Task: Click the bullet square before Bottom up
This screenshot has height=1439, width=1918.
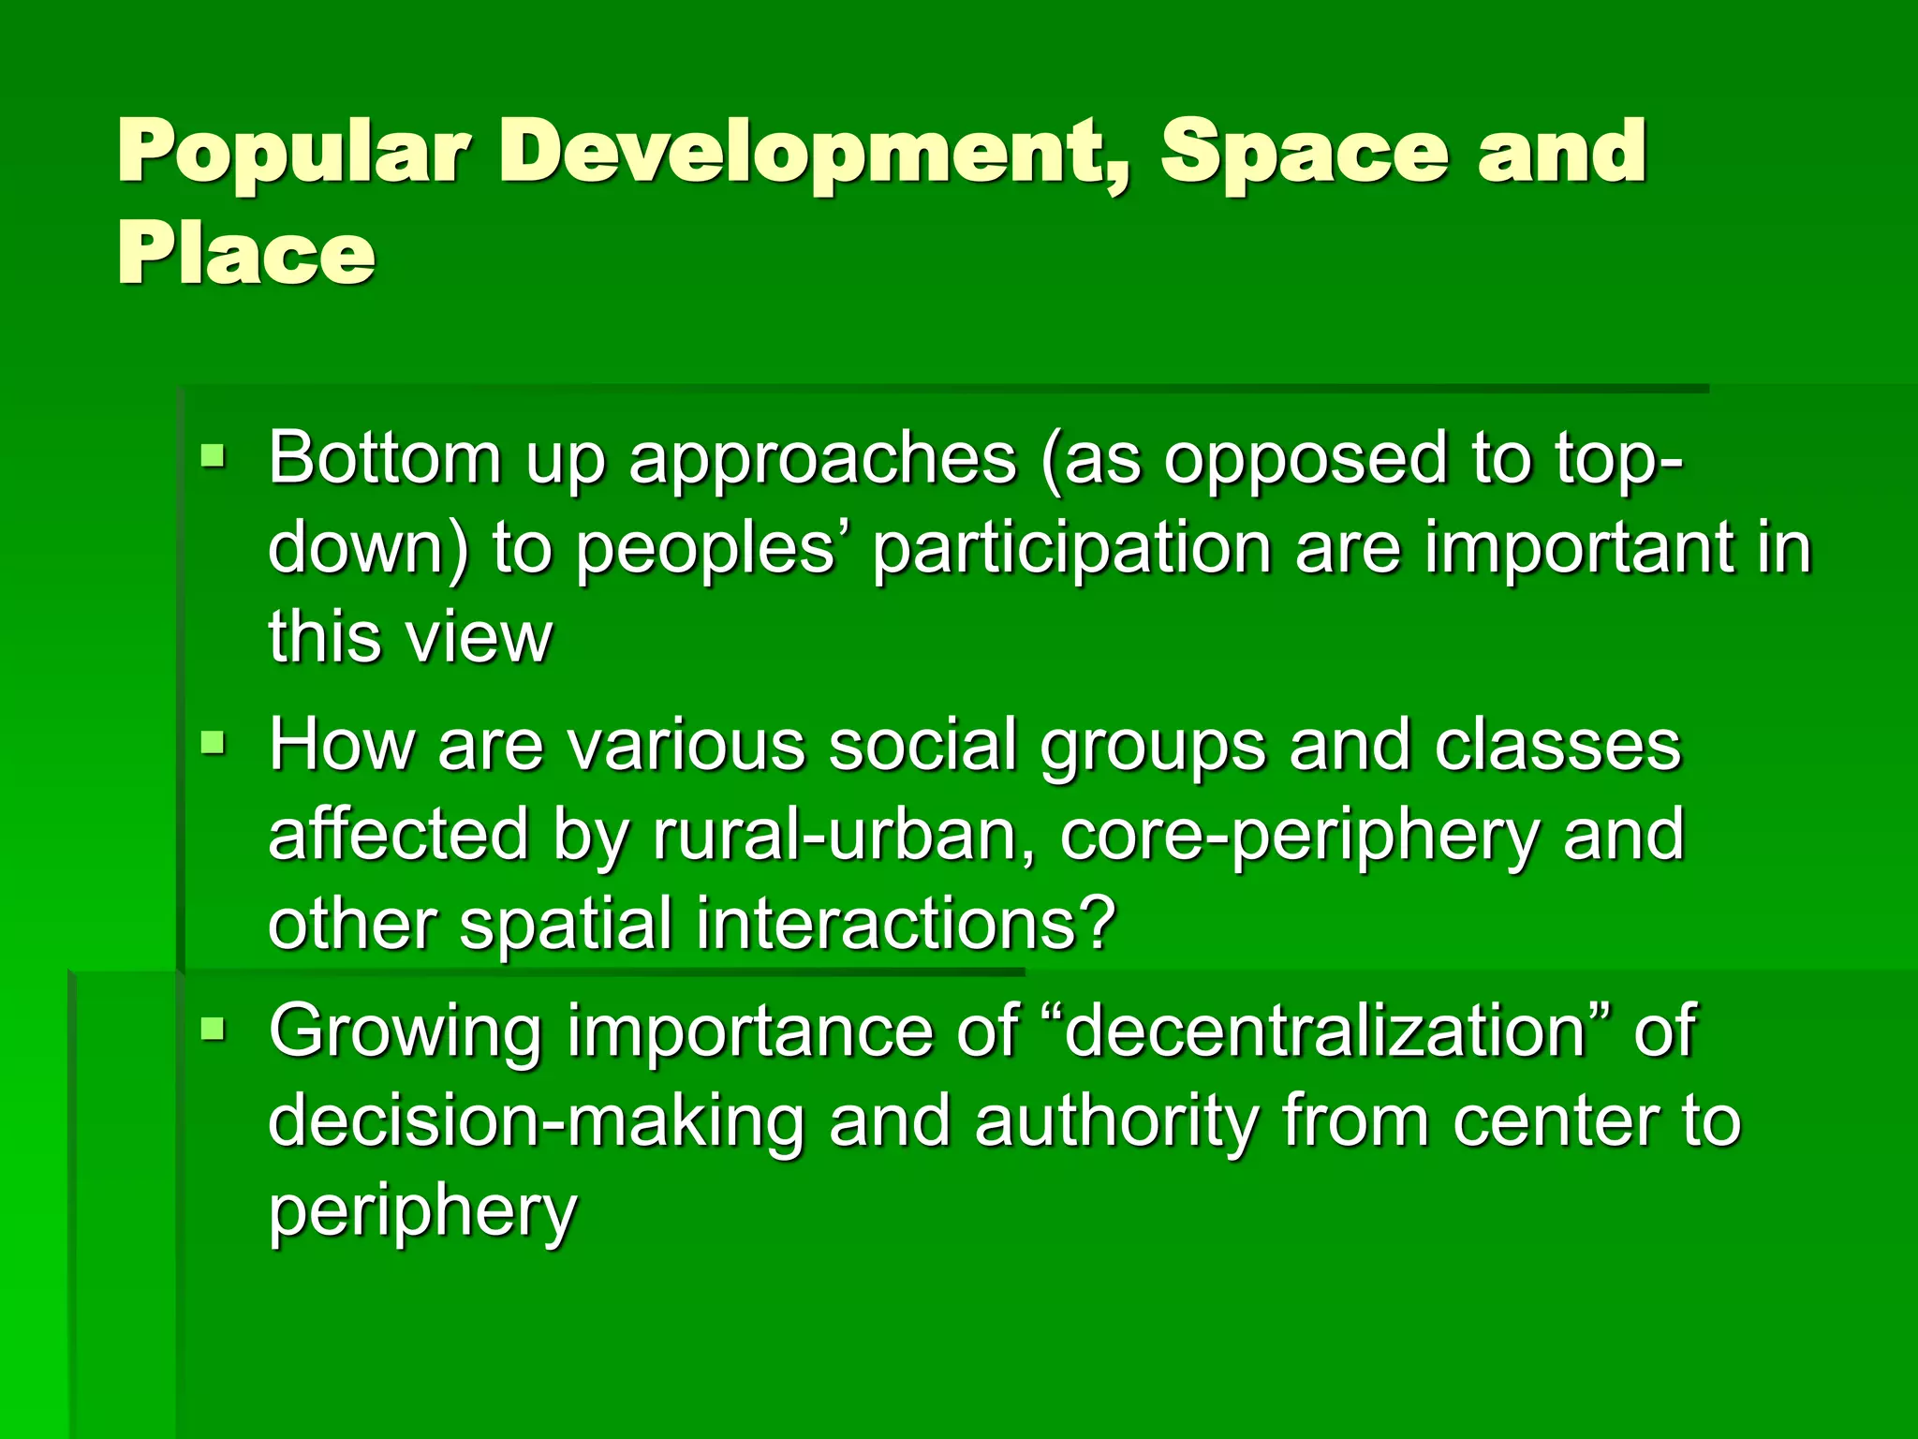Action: [214, 458]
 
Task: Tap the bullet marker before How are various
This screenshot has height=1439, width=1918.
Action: [214, 746]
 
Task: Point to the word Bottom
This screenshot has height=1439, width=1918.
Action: [385, 458]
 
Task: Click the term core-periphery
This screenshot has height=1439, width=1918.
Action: [1300, 837]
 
